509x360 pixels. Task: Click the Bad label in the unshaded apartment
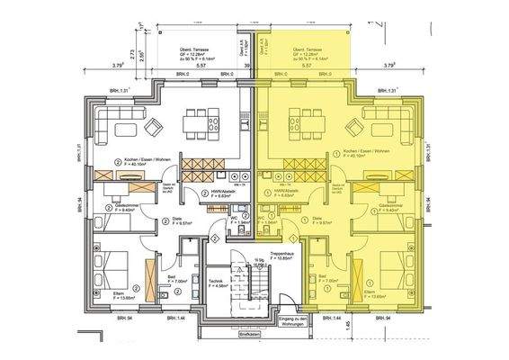(170, 279)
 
